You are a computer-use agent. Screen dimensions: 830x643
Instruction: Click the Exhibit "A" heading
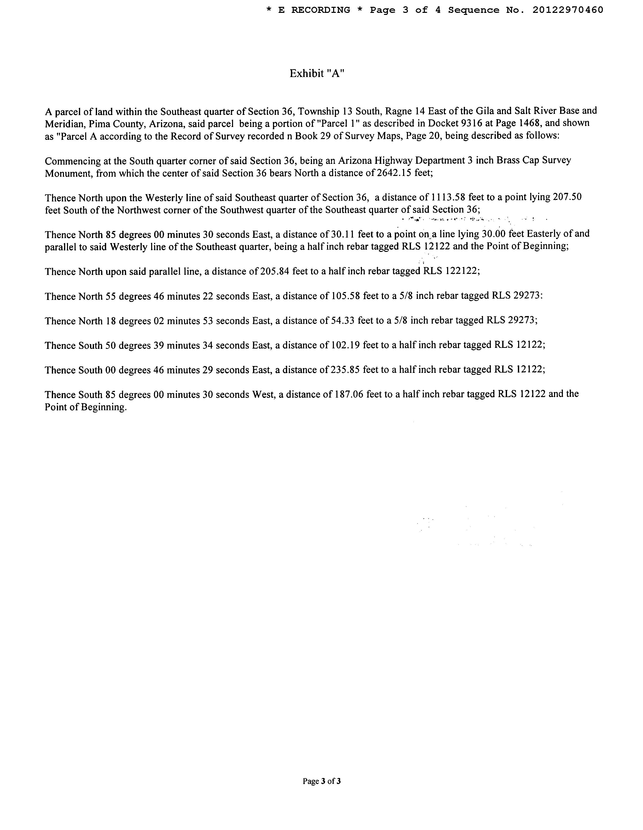(317, 73)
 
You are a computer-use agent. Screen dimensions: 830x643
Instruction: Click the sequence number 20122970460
(568, 10)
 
